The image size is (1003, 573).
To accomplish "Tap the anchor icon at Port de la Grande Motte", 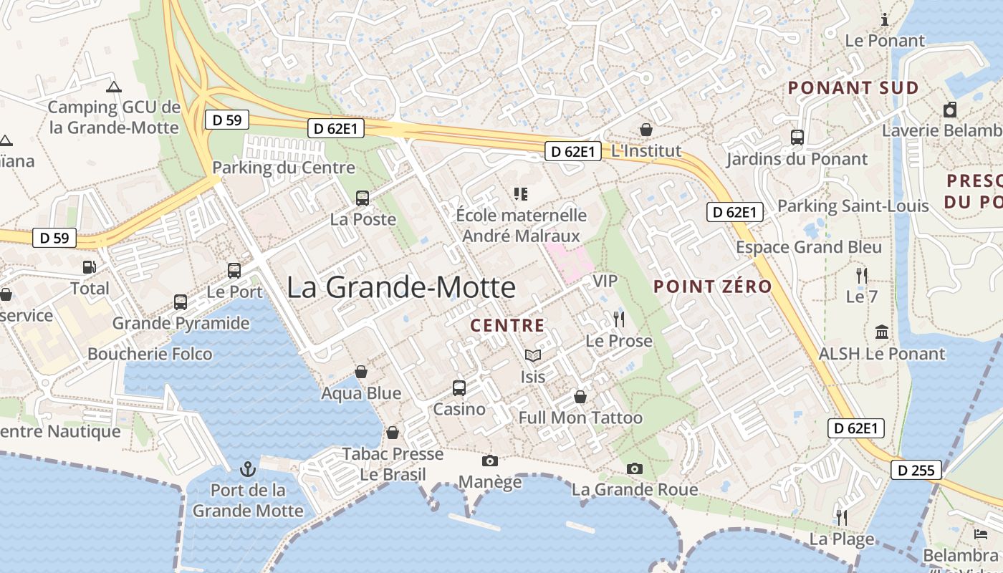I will pyautogui.click(x=248, y=470).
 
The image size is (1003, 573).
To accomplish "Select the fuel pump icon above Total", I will pyautogui.click(x=90, y=267).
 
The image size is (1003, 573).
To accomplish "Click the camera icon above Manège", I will pyautogui.click(x=490, y=461).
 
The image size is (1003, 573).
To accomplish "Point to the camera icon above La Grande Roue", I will pyautogui.click(x=635, y=469).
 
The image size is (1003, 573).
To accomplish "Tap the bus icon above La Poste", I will pyautogui.click(x=363, y=198).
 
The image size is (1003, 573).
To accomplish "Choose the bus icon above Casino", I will pyautogui.click(x=459, y=388).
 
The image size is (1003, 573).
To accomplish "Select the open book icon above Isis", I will pyautogui.click(x=532, y=356).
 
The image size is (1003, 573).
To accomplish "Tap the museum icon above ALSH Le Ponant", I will pyautogui.click(x=882, y=332).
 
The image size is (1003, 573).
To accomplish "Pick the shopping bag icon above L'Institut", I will pyautogui.click(x=646, y=130).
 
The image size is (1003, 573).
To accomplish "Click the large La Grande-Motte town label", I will pyautogui.click(x=401, y=287).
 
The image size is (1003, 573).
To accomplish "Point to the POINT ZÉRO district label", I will pyautogui.click(x=713, y=286).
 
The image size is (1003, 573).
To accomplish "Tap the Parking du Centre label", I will pyautogui.click(x=284, y=168).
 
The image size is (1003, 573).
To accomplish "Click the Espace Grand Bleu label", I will pyautogui.click(x=810, y=247).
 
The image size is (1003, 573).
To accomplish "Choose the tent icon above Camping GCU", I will pyautogui.click(x=113, y=87).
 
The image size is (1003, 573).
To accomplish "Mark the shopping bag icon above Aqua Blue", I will pyautogui.click(x=361, y=372).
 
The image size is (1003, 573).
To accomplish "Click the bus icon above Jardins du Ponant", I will pyautogui.click(x=797, y=138).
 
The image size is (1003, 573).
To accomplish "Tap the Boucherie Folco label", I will pyautogui.click(x=150, y=354).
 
